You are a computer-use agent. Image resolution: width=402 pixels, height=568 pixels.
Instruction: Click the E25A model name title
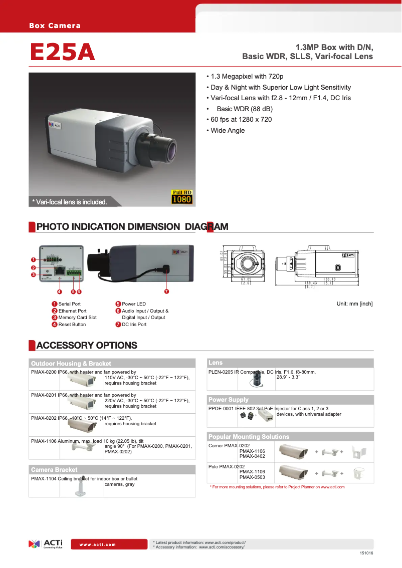[63, 53]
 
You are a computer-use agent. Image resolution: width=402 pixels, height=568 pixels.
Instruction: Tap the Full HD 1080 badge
[182, 197]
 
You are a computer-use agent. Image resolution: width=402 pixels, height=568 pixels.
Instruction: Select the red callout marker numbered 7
[166, 292]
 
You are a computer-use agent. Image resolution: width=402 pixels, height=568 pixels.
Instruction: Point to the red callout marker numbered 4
[60, 292]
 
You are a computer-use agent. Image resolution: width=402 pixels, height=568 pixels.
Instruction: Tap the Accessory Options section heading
[87, 345]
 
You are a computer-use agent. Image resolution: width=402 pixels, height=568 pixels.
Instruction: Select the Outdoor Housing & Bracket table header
[71, 363]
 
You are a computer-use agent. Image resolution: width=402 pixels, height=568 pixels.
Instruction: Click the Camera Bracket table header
[54, 469]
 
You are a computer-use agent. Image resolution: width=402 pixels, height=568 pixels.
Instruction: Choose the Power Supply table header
[229, 400]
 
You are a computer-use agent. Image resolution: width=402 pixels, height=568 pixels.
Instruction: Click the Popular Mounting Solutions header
[249, 437]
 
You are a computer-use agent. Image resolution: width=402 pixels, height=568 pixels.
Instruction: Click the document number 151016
[366, 553]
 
